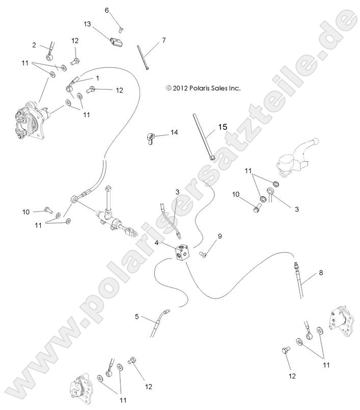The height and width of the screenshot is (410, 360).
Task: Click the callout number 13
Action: [87, 24]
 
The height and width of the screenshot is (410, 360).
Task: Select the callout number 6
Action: [107, 10]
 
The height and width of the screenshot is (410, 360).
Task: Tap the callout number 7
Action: [164, 40]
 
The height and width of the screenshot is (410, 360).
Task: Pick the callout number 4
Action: [158, 244]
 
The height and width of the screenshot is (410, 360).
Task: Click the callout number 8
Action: [321, 273]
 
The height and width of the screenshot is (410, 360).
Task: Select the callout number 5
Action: [137, 316]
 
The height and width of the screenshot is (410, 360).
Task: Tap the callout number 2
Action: [34, 45]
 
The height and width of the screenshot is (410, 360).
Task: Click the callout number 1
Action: [97, 78]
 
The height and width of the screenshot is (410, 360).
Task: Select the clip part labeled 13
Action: [117, 40]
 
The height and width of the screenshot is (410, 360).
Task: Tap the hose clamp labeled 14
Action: [150, 138]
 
